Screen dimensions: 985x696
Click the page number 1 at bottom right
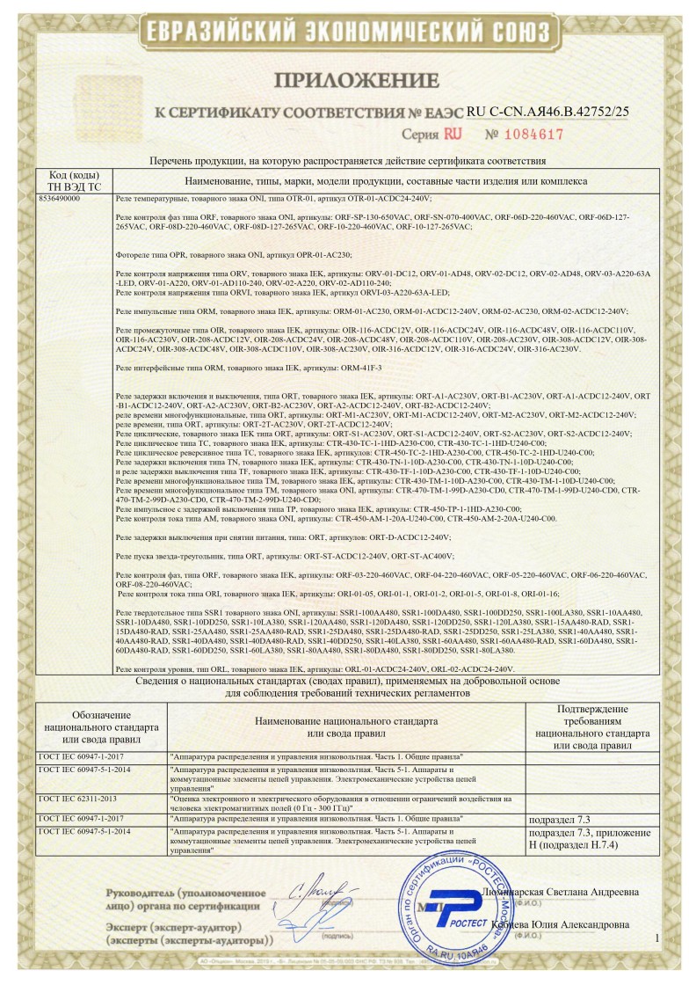tap(656, 939)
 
